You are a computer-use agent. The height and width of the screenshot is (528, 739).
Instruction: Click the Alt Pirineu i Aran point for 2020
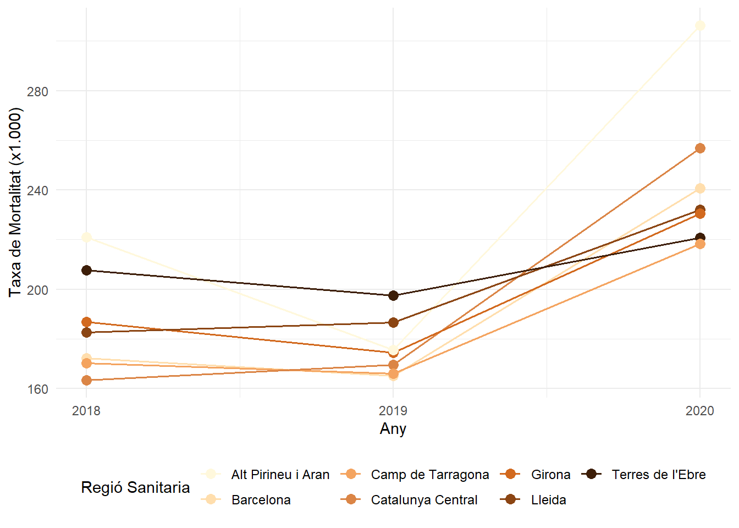[699, 26]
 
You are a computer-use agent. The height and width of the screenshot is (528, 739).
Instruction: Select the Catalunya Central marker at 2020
[699, 148]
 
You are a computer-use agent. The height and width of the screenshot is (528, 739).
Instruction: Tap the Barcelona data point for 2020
[699, 189]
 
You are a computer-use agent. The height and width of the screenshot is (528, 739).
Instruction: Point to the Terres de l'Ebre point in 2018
[86, 271]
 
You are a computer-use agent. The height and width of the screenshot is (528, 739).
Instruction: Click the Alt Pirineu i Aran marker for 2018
[86, 238]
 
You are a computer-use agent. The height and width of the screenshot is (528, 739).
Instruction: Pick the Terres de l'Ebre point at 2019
[393, 296]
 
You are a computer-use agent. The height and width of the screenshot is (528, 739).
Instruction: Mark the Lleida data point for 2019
[393, 322]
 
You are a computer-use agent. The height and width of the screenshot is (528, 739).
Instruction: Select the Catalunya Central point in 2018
[86, 381]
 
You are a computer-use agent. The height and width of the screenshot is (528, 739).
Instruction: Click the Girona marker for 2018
[86, 322]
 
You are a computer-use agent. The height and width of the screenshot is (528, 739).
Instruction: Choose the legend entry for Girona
[550, 475]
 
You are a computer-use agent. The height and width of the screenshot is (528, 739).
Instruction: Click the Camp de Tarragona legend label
[429, 475]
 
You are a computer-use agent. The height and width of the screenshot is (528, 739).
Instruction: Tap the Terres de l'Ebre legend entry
[658, 475]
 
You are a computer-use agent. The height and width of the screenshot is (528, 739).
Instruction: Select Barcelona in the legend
[261, 500]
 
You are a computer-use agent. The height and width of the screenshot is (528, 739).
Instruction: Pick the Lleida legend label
[548, 500]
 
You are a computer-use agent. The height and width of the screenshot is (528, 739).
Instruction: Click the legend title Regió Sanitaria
[135, 487]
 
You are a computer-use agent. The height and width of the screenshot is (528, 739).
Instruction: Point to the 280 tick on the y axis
[37, 91]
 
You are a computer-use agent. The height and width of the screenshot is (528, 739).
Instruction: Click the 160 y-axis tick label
[37, 389]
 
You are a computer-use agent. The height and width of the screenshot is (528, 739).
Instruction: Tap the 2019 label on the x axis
[393, 411]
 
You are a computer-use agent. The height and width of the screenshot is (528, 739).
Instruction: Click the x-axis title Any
[393, 429]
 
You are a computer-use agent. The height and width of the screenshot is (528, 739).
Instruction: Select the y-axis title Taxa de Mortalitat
[15, 202]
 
